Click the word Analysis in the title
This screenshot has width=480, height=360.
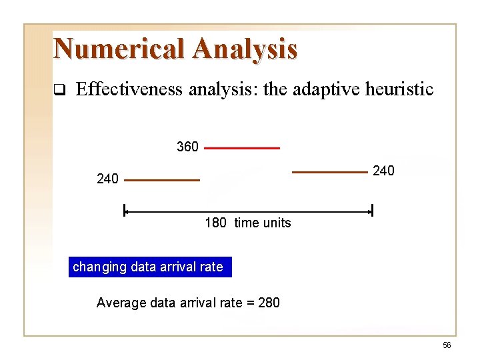point(245,49)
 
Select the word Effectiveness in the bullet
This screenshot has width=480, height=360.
point(129,89)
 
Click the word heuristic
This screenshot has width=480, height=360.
point(401,89)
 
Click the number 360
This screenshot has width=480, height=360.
point(187,147)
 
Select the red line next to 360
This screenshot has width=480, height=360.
point(241,148)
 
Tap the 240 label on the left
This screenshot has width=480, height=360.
point(107,179)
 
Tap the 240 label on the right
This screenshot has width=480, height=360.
point(383,171)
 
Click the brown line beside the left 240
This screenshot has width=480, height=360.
point(161,180)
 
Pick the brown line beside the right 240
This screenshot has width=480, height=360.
point(329,172)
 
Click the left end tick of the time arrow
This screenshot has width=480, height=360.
point(124,211)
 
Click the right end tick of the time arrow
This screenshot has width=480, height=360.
point(372,211)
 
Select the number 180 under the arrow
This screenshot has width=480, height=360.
point(215,223)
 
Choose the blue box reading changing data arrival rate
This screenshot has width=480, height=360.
point(149,267)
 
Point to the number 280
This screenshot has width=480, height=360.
point(268,303)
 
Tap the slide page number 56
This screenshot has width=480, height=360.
point(447,345)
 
